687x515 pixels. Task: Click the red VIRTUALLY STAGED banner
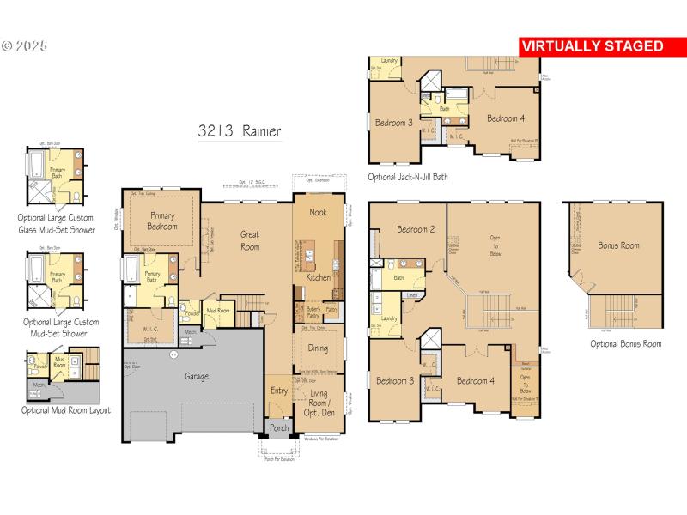pyautogui.click(x=593, y=45)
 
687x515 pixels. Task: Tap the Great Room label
pyautogui.click(x=250, y=239)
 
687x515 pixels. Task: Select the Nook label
pyautogui.click(x=318, y=212)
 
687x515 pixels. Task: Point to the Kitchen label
pyautogui.click(x=319, y=278)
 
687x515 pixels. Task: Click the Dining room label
pyautogui.click(x=318, y=348)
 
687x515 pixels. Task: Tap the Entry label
pyautogui.click(x=279, y=391)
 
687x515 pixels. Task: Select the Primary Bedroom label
pyautogui.click(x=162, y=221)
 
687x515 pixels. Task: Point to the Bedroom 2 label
pyautogui.click(x=415, y=229)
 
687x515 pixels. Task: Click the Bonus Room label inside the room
pyautogui.click(x=618, y=245)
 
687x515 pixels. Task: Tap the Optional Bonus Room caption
pyautogui.click(x=625, y=343)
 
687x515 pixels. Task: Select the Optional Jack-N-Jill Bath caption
pyautogui.click(x=407, y=177)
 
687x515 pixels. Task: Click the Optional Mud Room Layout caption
pyautogui.click(x=65, y=410)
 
